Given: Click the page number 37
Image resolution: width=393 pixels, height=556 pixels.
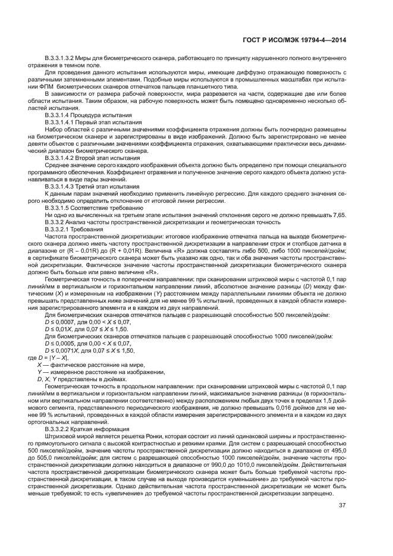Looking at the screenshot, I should [x=342, y=523].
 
